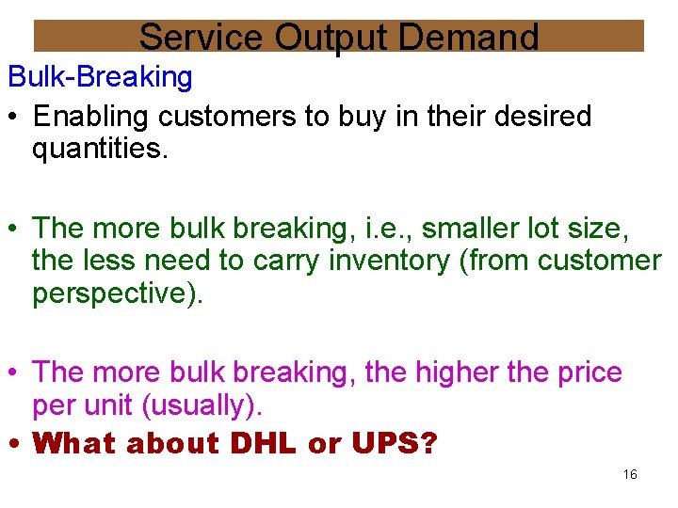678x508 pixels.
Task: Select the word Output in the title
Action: [333, 38]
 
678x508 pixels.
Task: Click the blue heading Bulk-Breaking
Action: [100, 77]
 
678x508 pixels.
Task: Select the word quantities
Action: [100, 149]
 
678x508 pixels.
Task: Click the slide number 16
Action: [630, 475]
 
